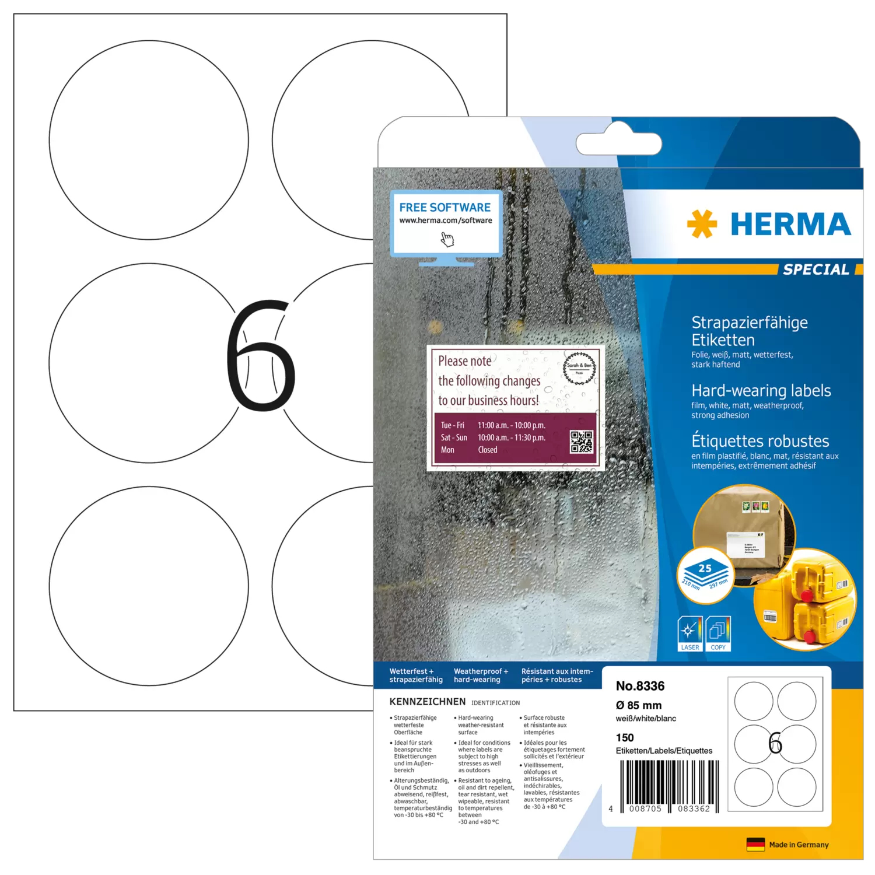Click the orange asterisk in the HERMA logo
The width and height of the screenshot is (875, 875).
[701, 224]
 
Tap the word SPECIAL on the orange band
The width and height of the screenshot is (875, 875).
[815, 269]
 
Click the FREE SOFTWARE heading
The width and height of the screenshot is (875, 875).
[444, 208]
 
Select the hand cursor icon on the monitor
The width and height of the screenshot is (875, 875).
[447, 239]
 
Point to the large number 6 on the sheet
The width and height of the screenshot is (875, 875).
[261, 355]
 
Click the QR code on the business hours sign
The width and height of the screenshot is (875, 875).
[581, 442]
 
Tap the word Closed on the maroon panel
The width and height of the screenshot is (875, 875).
[488, 450]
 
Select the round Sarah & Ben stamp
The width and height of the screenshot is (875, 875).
[579, 368]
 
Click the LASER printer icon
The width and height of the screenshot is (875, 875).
[689, 633]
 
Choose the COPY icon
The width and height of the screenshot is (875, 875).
[718, 633]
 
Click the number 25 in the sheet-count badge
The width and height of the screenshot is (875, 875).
[705, 568]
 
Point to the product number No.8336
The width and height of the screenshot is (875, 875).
[640, 686]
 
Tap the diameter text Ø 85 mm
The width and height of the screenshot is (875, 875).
[639, 705]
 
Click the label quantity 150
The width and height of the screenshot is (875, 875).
[625, 737]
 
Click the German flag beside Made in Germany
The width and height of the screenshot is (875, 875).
[755, 844]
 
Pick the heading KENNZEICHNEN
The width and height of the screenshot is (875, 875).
[428, 702]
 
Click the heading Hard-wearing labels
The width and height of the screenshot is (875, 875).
[761, 391]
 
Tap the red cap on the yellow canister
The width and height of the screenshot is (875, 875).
[806, 596]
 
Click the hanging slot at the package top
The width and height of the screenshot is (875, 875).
[618, 143]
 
